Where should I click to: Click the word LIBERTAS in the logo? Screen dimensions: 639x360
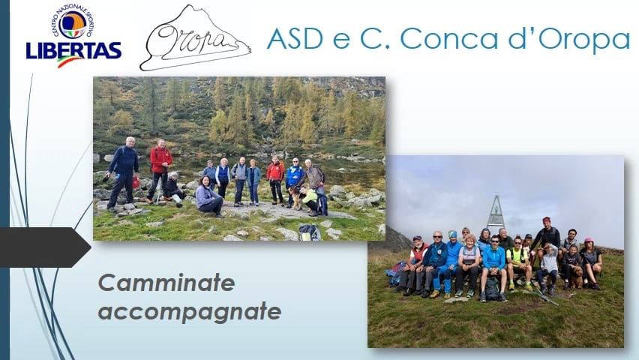(x=73, y=50)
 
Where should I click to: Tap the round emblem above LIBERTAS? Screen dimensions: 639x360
(x=73, y=24)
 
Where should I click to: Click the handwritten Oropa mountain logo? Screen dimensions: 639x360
(x=195, y=38)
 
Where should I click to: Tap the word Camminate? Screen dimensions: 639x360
(x=166, y=283)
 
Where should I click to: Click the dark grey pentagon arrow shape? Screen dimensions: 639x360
(x=45, y=247)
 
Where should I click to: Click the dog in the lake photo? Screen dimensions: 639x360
(x=295, y=197)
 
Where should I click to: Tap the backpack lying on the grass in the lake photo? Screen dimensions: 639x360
(x=309, y=232)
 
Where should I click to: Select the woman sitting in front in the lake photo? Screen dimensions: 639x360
(x=208, y=197)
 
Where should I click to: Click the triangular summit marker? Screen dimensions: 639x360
(x=496, y=214)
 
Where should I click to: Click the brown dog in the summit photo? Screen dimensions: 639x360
(x=576, y=277)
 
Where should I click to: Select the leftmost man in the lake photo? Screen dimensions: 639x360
(x=122, y=174)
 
